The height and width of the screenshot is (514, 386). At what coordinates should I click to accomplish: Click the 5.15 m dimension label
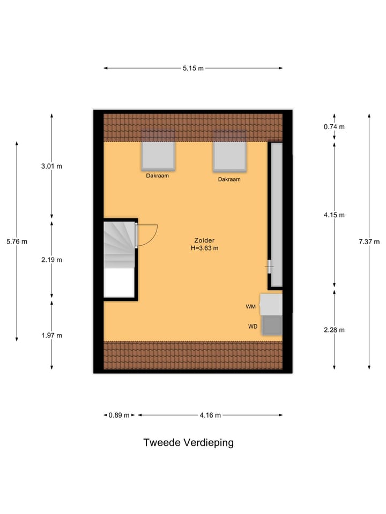tap(193, 68)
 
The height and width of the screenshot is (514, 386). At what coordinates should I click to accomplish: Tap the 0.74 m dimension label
tap(334, 127)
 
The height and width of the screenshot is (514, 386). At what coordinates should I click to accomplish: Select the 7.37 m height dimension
tap(369, 241)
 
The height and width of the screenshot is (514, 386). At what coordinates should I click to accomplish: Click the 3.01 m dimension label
tap(51, 166)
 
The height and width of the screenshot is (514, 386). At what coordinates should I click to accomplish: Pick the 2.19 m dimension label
tap(51, 260)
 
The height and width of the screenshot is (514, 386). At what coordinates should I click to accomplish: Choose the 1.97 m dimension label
tap(51, 335)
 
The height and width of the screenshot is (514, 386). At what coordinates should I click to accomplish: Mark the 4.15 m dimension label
tap(334, 215)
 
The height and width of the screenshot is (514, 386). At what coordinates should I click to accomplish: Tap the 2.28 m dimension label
tap(334, 330)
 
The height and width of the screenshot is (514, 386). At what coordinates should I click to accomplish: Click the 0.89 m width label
tap(119, 415)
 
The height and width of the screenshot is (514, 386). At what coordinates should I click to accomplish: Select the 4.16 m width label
tap(210, 415)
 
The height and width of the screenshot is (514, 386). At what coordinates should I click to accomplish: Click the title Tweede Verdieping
tap(188, 443)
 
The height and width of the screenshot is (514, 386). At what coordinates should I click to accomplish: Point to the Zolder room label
tap(204, 240)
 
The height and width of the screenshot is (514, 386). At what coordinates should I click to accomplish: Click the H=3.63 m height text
tap(204, 248)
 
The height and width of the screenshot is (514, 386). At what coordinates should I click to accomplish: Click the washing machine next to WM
tap(272, 304)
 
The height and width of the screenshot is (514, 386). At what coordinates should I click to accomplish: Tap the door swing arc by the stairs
tap(148, 235)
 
